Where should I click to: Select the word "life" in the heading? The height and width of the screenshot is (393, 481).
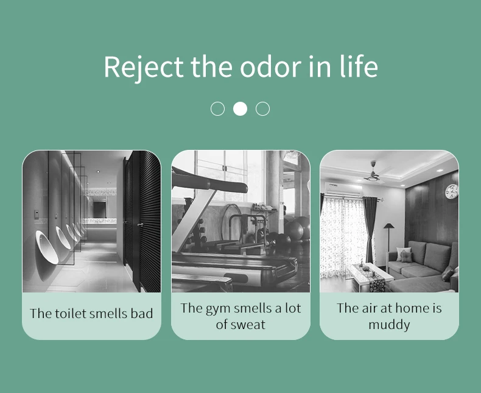359,67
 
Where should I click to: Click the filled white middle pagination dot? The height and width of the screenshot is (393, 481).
240,108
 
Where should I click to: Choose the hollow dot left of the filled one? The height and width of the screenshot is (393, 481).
217,108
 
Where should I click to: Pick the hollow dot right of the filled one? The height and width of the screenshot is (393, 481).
262,108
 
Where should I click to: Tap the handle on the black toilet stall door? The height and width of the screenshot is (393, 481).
139,225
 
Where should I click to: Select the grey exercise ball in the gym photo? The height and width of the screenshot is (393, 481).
298,231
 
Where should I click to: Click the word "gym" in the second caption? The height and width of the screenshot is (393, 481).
217,308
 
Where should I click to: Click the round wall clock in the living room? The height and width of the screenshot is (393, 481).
451,191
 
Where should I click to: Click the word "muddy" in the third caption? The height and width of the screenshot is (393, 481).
389,324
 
